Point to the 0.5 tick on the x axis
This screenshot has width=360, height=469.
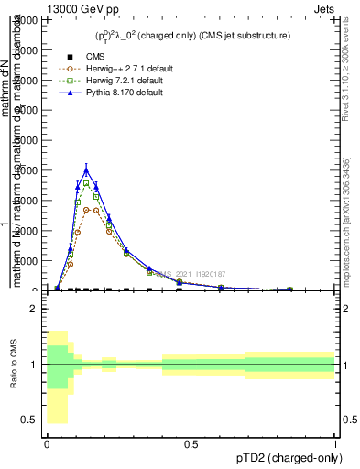pyautogui.click(x=191, y=445)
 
